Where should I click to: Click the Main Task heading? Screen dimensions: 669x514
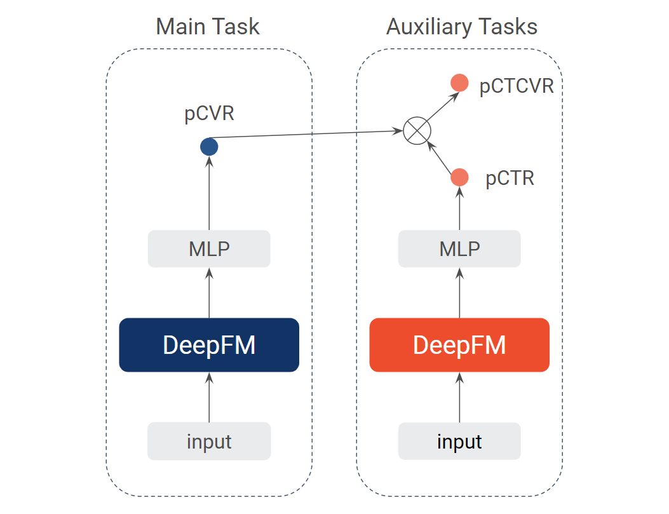click(x=208, y=27)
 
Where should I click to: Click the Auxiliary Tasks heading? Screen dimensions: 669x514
click(x=462, y=27)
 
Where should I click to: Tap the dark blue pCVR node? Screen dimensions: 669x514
click(x=209, y=147)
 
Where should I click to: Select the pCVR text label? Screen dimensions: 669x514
click(x=209, y=114)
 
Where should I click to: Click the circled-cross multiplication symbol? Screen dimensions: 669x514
click(x=417, y=130)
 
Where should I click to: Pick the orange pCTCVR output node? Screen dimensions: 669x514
click(x=459, y=83)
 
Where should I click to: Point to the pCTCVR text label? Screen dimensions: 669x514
click(x=517, y=86)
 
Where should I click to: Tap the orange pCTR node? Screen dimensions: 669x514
click(x=459, y=177)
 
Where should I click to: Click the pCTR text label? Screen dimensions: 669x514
click(x=510, y=178)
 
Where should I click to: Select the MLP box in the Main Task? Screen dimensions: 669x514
click(x=209, y=248)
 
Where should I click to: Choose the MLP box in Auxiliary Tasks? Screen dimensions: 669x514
click(x=459, y=248)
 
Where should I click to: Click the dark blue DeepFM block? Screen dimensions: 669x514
click(x=209, y=344)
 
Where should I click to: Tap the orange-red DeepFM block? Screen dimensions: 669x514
click(x=459, y=344)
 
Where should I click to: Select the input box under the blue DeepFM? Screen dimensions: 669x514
click(x=209, y=441)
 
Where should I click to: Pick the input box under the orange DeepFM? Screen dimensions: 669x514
click(x=459, y=441)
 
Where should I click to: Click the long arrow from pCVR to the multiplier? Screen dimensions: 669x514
click(x=306, y=134)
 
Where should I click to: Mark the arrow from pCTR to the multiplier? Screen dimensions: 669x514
click(x=439, y=158)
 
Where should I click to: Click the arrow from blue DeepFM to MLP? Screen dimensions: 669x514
click(x=209, y=293)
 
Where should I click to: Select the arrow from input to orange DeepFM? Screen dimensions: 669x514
click(x=459, y=397)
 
